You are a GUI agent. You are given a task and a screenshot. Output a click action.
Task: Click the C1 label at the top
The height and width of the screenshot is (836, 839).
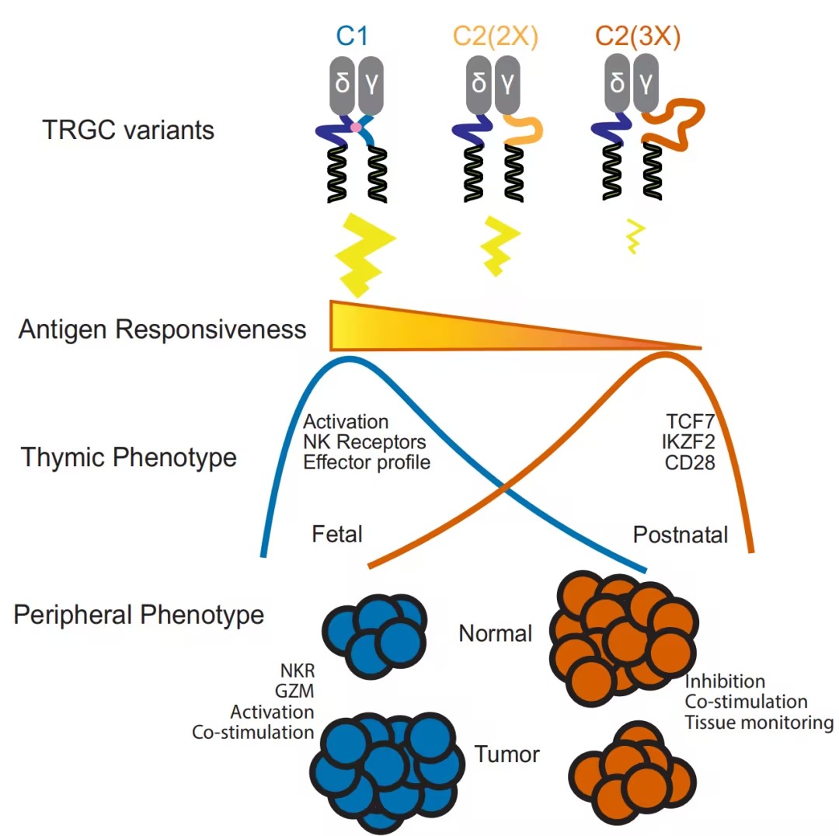pos(352,37)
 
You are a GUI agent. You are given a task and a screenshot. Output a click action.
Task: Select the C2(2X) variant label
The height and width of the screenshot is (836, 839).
pos(497,37)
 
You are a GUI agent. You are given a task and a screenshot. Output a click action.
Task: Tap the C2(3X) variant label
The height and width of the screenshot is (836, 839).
pos(636,37)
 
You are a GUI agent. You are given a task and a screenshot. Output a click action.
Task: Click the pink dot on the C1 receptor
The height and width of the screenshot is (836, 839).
pos(356,127)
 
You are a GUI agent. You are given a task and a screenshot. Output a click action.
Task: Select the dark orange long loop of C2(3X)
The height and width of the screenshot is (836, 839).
pos(674,124)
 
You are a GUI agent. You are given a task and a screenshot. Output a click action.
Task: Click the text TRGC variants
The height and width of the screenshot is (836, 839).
pos(128,129)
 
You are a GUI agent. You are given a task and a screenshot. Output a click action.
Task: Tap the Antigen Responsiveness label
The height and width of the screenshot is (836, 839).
pos(162,329)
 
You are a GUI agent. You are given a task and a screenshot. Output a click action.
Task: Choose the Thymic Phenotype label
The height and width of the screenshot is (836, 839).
pos(128,457)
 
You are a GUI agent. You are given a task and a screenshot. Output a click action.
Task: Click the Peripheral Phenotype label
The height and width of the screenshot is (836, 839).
pos(139,615)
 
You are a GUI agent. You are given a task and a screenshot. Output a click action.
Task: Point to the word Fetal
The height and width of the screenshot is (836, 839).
pos(338,535)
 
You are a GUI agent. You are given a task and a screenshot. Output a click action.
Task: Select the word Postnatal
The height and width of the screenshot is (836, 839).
pos(681,535)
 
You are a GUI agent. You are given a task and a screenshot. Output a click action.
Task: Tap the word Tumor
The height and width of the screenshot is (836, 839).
pos(507,754)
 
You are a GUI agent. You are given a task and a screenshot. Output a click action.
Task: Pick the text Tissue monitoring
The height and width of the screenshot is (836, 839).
pos(758,723)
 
